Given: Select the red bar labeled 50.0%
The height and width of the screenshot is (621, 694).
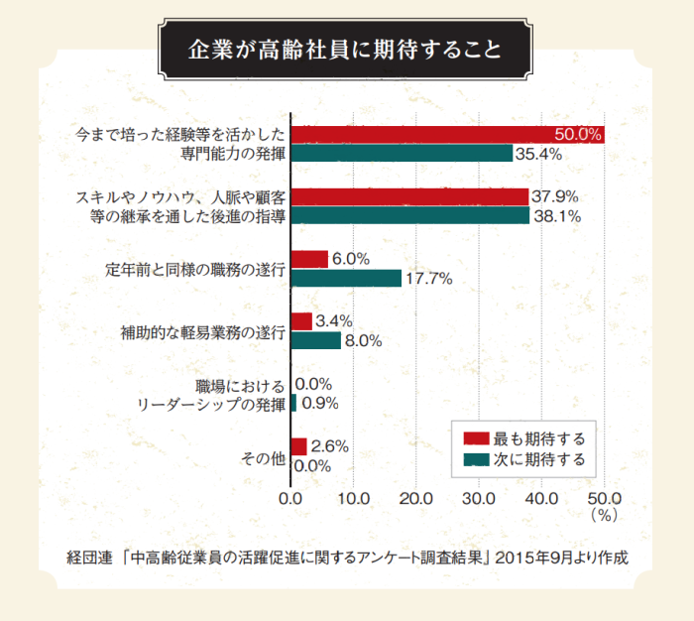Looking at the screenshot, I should [447, 135].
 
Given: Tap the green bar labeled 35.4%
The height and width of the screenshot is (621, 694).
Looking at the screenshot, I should [402, 154].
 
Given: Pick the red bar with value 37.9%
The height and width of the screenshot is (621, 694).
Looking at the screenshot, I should [409, 196].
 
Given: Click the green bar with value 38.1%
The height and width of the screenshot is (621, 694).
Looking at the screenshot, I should [410, 215].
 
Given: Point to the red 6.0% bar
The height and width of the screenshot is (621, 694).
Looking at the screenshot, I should [309, 259].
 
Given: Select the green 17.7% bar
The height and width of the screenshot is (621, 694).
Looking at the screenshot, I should [346, 279].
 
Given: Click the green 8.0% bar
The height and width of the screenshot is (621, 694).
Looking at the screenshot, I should [316, 340].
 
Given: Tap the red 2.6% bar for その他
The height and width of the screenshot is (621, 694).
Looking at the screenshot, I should [299, 446].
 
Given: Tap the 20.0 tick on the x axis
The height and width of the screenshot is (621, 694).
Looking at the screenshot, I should [416, 498].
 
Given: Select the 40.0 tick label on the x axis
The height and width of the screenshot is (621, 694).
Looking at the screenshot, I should [542, 498].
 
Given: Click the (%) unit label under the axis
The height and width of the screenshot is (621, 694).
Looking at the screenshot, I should [604, 515].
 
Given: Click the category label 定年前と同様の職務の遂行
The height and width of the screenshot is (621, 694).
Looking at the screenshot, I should [196, 268].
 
